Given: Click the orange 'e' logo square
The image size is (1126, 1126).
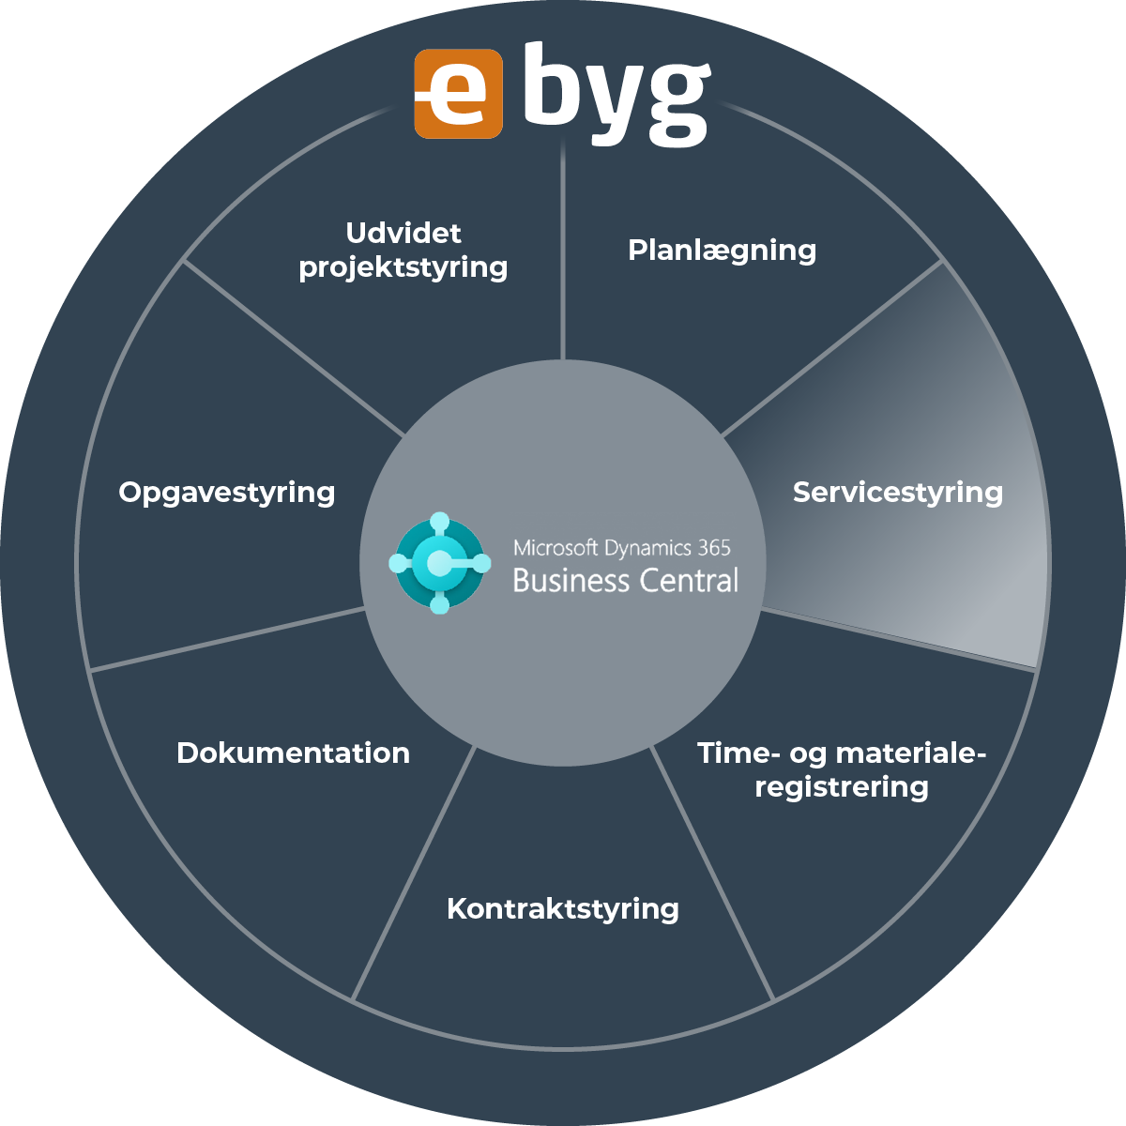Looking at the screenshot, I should click(x=458, y=94).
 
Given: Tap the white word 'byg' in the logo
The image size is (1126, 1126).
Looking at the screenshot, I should click(x=616, y=94).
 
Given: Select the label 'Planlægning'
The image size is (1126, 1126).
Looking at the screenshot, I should click(x=722, y=251).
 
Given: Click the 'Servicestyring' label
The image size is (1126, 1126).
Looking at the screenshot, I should click(x=897, y=493).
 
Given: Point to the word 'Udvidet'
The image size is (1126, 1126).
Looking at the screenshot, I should click(x=403, y=233).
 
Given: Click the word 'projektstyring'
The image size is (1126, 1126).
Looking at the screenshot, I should click(x=403, y=267).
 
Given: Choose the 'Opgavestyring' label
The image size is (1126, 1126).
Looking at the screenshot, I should click(x=227, y=493).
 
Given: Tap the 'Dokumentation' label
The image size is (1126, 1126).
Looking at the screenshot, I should click(x=293, y=753).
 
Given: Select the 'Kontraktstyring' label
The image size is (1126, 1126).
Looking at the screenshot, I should click(x=563, y=908).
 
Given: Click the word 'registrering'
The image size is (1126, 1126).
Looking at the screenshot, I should click(x=842, y=786).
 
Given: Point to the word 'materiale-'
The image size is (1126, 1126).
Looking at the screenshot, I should click(x=910, y=753).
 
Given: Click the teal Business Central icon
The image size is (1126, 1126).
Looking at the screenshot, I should click(x=439, y=563).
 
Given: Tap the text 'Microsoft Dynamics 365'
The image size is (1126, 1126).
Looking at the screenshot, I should click(x=621, y=548).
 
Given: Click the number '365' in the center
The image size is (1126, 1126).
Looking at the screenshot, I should click(x=714, y=548).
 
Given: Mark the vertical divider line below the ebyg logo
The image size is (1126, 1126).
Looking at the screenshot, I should click(x=562, y=253).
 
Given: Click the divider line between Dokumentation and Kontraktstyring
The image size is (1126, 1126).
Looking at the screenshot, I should click(x=413, y=873).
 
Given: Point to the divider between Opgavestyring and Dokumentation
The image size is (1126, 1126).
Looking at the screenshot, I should click(x=225, y=639).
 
